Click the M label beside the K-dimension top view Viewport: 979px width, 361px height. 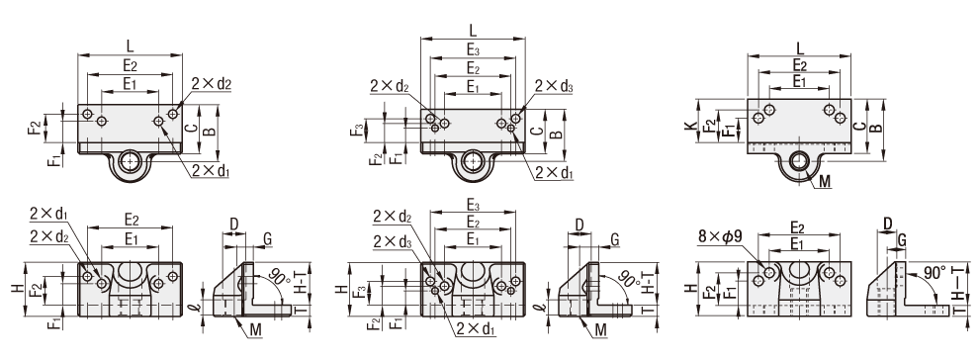[x=825, y=181]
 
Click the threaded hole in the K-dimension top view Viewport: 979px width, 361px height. [x=799, y=160]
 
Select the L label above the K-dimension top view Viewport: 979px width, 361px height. [x=800, y=46]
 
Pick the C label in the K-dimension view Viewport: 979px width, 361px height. [x=859, y=127]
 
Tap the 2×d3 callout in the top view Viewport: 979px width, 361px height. [x=554, y=87]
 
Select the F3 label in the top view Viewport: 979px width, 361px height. [x=355, y=132]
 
